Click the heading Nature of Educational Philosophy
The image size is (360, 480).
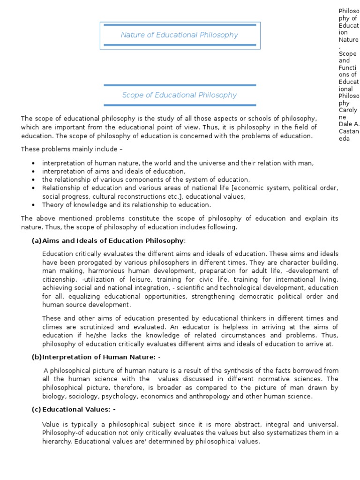pos(180,35)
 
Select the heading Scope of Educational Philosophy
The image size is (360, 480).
pos(180,95)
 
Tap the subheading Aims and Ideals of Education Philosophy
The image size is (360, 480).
pos(112,241)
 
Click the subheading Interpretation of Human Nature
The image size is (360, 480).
pos(98,357)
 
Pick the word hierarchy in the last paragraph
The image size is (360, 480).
pos(58,442)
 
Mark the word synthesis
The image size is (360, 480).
pos(242,370)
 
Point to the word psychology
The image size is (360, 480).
pos(116,397)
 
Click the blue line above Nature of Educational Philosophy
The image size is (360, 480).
pos(180,25)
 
